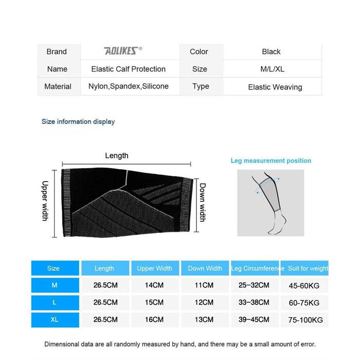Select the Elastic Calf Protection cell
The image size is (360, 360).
[129, 69]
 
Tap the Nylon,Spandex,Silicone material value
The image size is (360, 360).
[129, 86]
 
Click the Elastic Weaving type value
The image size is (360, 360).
[275, 87]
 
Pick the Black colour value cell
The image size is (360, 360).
[271, 51]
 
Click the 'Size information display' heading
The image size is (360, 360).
[78, 122]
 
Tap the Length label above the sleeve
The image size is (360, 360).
[117, 156]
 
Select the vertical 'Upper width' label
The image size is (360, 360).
[45, 201]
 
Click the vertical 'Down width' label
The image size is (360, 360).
[203, 202]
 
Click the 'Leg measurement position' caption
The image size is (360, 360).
[271, 160]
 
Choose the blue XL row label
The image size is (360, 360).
[55, 319]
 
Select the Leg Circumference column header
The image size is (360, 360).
[258, 268]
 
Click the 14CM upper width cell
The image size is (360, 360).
[154, 285]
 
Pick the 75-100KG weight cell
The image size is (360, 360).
[305, 320]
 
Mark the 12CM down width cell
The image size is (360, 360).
[205, 302]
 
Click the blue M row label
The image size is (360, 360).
[55, 285]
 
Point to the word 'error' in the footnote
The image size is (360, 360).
[305, 344]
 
